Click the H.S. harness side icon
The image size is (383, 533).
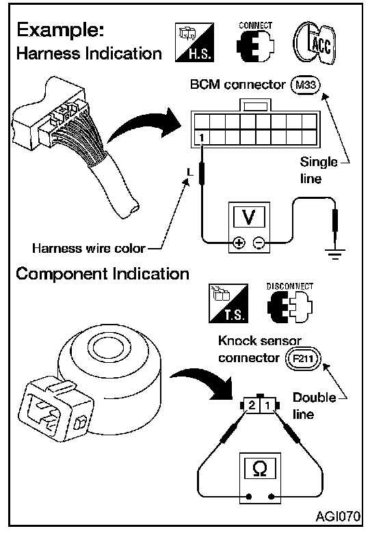[194, 42]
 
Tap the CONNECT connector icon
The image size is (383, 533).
[255, 42]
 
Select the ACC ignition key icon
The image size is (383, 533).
[315, 43]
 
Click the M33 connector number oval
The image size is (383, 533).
[306, 85]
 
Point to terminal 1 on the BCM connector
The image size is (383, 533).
[202, 137]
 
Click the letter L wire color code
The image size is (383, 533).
[190, 172]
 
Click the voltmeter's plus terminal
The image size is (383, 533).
[239, 243]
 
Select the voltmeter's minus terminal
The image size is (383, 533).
[259, 243]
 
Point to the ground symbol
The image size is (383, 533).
[335, 254]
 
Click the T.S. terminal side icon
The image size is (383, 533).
[228, 303]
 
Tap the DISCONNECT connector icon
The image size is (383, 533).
[290, 303]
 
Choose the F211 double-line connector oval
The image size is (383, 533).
[303, 359]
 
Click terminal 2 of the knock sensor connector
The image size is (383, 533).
[252, 405]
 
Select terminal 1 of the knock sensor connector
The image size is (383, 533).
[267, 405]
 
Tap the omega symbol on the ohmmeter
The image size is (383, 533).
[260, 468]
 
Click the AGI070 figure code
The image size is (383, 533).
[338, 517]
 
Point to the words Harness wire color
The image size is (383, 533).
[89, 249]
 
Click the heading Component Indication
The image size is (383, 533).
[103, 274]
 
